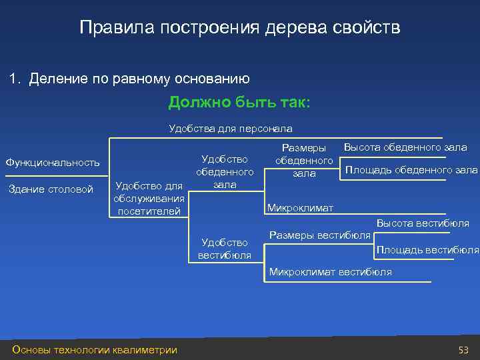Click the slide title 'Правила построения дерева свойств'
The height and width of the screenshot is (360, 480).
tap(239, 28)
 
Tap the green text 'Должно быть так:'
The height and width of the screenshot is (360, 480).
tap(239, 103)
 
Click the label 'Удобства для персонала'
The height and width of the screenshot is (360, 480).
tap(231, 128)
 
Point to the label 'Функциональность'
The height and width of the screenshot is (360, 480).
tap(53, 162)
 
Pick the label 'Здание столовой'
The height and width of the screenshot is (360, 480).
tap(51, 189)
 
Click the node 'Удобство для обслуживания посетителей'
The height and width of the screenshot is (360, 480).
tap(149, 198)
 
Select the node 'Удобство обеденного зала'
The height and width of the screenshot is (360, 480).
tap(225, 171)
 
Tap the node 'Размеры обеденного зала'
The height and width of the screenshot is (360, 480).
tap(304, 161)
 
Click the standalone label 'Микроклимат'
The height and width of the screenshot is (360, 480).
tap(300, 208)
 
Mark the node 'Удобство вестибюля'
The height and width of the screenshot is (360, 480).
tap(225, 249)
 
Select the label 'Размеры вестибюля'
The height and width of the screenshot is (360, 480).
tap(320, 235)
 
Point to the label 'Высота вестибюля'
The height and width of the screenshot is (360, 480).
tap(423, 223)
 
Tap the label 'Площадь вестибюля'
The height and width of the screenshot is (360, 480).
tap(427, 250)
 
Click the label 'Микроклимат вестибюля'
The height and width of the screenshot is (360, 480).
tap(330, 272)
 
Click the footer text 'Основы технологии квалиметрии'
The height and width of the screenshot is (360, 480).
tap(95, 350)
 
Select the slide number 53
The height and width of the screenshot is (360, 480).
tap(463, 350)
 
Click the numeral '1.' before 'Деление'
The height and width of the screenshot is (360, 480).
tap(15, 79)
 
